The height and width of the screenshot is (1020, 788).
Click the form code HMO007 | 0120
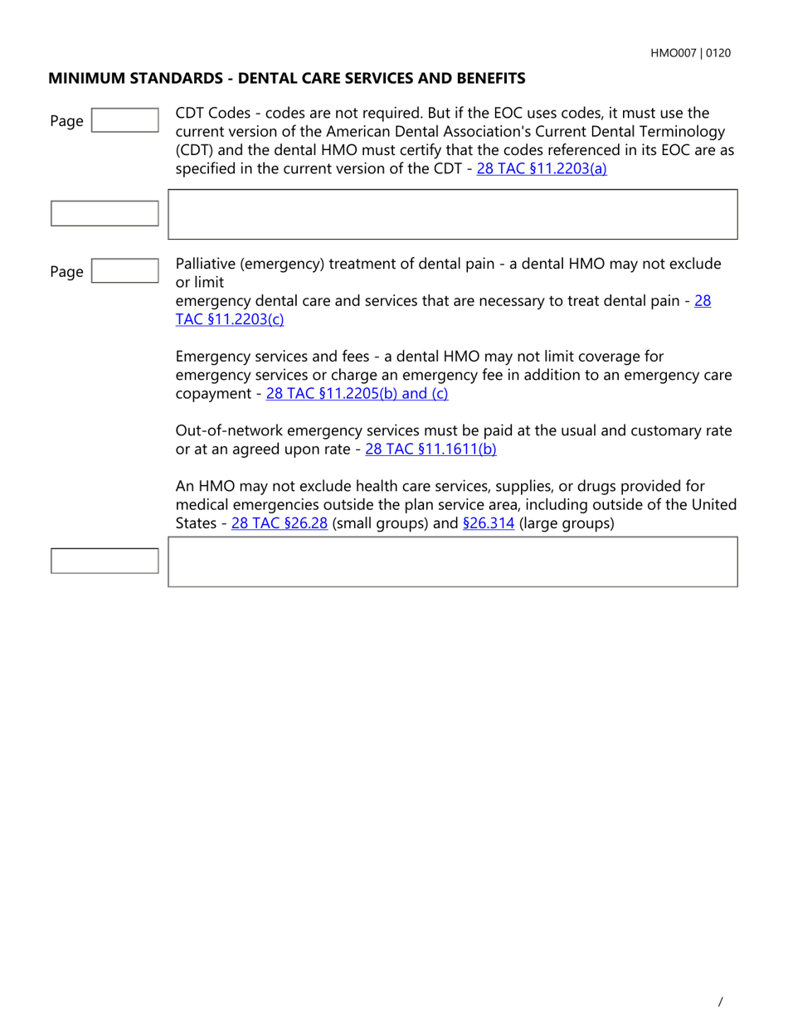click(690, 53)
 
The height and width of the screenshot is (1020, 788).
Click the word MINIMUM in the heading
click(84, 79)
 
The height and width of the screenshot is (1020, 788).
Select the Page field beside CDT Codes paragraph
click(124, 120)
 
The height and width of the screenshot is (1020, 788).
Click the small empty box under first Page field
click(105, 213)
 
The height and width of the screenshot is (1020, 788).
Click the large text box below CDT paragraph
click(453, 215)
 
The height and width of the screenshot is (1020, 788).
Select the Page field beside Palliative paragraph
click(124, 271)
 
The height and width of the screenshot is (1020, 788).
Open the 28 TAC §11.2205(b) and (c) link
click(357, 394)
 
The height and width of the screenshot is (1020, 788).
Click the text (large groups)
click(567, 523)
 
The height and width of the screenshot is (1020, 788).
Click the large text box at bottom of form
click(453, 561)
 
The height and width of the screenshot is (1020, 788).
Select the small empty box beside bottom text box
click(105, 561)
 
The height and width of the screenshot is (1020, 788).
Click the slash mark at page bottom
click(720, 1001)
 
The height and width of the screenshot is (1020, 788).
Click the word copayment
click(212, 394)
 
